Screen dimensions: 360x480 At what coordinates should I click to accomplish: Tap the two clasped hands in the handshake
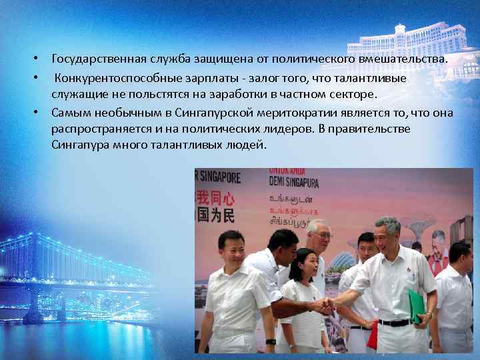point(325,305)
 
